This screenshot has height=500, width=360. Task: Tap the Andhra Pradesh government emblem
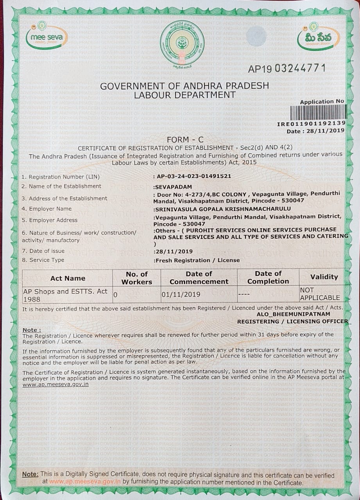coord(182,43)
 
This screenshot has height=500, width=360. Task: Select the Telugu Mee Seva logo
coord(318,38)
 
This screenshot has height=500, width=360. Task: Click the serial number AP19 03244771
coord(287,68)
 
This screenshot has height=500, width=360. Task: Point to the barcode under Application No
coord(318,113)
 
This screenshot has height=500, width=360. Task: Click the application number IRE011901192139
coord(311,124)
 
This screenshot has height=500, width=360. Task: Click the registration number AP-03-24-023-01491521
coord(193,176)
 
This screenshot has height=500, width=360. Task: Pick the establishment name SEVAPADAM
coord(171,186)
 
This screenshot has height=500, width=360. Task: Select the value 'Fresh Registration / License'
coord(197,260)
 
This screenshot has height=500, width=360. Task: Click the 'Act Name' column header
coord(68,278)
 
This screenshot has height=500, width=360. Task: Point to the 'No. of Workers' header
coord(136,278)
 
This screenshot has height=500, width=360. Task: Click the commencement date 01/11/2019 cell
coord(181,294)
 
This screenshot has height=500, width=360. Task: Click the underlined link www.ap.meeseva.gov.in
coord(56,384)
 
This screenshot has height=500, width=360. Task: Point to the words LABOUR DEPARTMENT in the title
coord(184,95)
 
